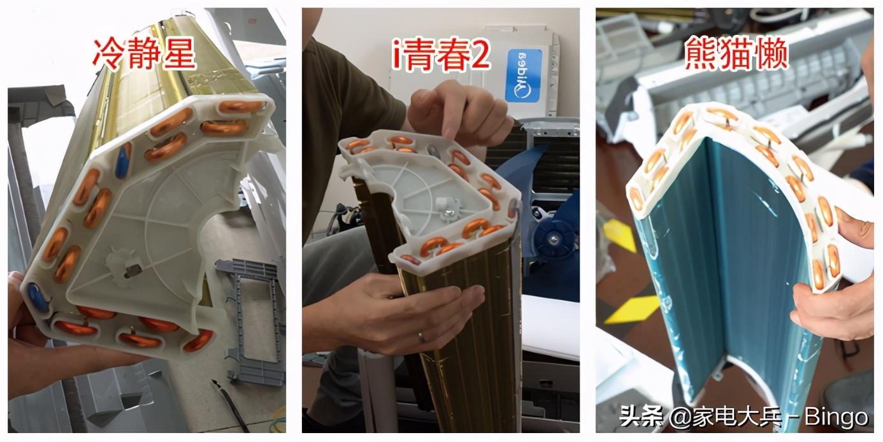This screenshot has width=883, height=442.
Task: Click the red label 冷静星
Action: pos(144,53)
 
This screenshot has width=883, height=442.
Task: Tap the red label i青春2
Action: pos(441,55)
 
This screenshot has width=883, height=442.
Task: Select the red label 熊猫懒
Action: pos(736,53)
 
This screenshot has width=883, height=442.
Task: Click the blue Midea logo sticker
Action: pos(523,76)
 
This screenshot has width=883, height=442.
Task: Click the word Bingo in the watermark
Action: pos(836,417)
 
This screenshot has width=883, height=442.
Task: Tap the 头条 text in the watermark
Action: pos(641,416)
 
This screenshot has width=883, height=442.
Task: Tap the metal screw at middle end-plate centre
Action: pos(449,213)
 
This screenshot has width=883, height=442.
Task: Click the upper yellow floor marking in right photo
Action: pos(620,235)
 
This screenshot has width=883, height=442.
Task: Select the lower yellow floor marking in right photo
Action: pos(631,310)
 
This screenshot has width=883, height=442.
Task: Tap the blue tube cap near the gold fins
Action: pos(124,160)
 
